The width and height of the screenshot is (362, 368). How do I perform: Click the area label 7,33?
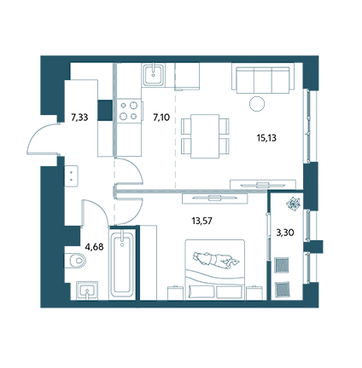79,118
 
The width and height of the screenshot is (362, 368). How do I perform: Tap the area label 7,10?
161,117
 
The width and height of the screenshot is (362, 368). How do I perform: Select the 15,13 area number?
266,138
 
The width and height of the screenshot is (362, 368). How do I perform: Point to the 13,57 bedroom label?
201,221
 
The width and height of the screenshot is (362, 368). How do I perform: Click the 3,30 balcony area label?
285,233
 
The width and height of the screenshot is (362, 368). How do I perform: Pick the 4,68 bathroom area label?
94,247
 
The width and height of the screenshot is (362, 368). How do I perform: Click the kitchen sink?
154,75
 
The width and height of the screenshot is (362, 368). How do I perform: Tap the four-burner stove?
130,111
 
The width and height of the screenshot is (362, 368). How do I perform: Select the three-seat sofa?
263,78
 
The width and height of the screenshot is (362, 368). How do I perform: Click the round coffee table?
257,104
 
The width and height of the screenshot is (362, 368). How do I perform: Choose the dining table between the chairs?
205,136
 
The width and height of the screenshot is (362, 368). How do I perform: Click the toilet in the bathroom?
75,260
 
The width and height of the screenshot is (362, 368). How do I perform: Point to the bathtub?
122,263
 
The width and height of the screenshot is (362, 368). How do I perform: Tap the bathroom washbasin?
87,290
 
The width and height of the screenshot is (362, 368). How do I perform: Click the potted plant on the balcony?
293,204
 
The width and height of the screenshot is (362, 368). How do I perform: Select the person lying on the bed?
216,259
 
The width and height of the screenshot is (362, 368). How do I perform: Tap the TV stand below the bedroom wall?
215,198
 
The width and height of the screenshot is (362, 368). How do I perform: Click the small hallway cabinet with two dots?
71,176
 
